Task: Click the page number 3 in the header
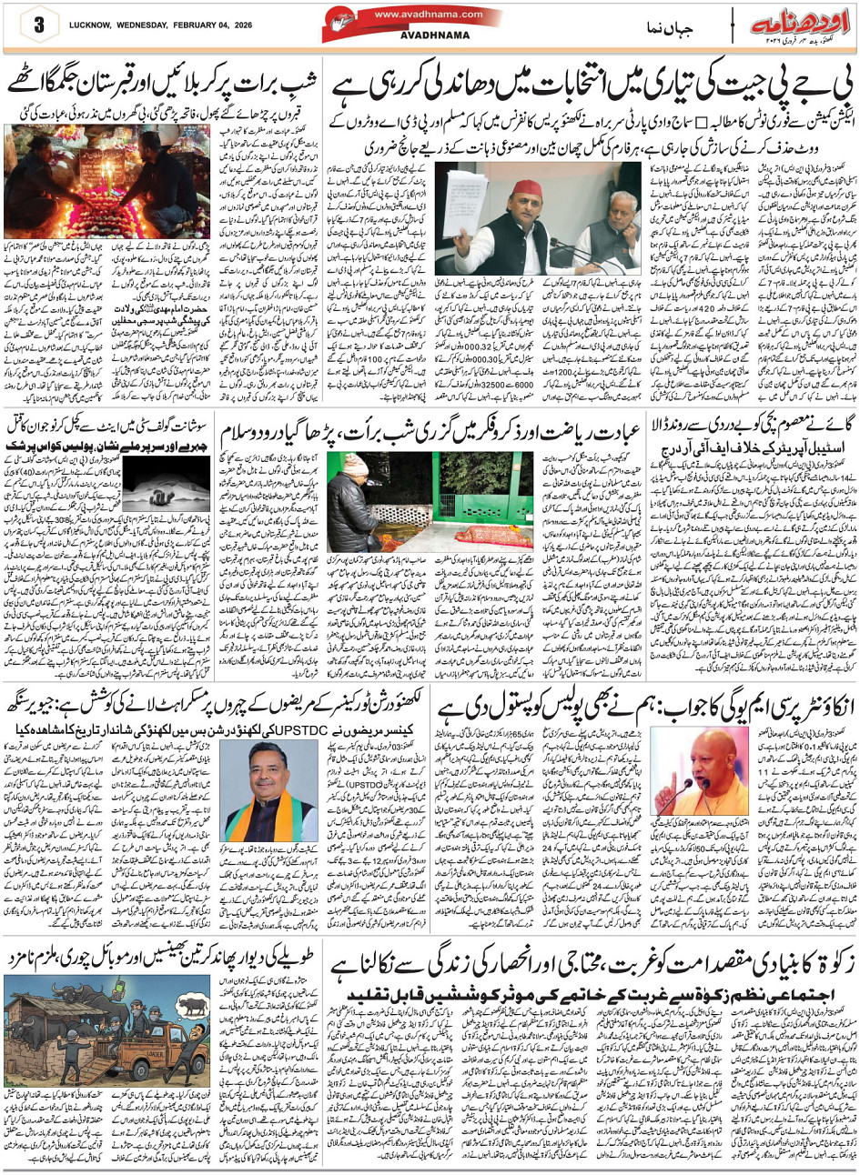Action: tap(39, 25)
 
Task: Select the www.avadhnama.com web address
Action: tap(429, 14)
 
